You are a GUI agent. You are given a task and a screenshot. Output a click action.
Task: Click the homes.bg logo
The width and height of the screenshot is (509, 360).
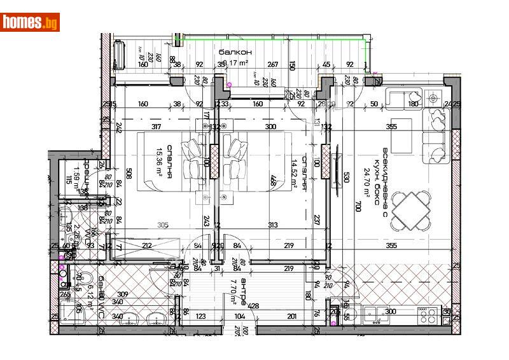31,22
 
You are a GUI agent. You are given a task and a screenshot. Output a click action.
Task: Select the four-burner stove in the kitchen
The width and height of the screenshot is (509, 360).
424,312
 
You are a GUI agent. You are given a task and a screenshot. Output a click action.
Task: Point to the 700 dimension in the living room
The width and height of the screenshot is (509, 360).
358,206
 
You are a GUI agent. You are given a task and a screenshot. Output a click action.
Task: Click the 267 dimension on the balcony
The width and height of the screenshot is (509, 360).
273,64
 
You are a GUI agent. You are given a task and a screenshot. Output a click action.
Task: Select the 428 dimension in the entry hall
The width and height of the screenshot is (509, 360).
253,306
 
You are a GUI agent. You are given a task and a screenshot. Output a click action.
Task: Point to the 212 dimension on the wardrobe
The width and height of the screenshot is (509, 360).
147,246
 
